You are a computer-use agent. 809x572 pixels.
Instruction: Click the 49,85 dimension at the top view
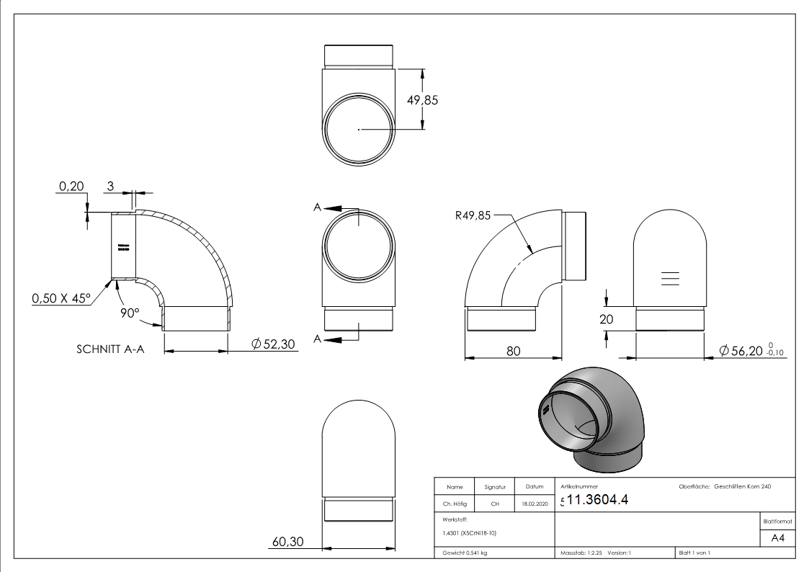pos(422,100)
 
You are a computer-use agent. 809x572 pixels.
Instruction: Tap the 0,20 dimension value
pos(71,186)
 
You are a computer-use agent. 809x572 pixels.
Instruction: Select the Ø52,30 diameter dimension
pos(274,345)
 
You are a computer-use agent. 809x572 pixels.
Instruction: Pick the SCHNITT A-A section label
pos(110,350)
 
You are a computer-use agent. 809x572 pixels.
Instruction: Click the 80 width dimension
pos(513,351)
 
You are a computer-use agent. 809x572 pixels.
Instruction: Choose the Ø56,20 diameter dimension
pos(748,350)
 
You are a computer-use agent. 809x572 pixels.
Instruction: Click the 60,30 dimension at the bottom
pos(287,542)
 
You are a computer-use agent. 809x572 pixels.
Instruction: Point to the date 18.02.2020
pos(534,504)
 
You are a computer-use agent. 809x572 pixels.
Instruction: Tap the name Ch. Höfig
pos(455,504)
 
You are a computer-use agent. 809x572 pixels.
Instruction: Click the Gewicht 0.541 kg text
pos(465,553)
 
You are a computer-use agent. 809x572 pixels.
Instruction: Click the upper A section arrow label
pos(317,207)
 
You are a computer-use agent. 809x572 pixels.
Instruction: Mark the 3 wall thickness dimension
pos(110,186)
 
